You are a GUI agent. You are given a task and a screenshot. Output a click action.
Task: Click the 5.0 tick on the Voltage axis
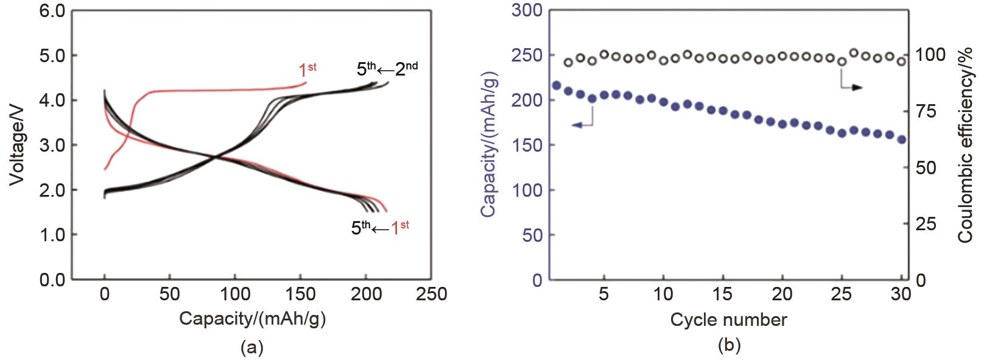click(52, 55)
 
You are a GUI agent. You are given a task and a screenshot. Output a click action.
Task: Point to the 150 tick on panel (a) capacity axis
click(300, 294)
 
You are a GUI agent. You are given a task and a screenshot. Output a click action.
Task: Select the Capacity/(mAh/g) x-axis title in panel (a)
click(252, 319)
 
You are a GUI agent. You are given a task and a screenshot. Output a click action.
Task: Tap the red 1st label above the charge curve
click(307, 70)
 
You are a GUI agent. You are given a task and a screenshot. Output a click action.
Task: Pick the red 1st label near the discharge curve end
click(399, 228)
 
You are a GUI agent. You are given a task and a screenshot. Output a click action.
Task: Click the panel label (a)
click(252, 348)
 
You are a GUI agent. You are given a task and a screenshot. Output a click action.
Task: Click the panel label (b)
click(729, 345)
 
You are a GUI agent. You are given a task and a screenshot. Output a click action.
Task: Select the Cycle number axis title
click(728, 319)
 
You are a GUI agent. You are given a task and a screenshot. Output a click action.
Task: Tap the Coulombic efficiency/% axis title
click(965, 144)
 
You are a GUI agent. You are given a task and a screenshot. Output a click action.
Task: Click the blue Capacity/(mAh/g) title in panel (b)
click(488, 144)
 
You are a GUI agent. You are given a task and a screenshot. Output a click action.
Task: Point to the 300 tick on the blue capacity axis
click(527, 10)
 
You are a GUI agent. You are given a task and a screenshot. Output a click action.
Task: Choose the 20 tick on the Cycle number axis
click(782, 294)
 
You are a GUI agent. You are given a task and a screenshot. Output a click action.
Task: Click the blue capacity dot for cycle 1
click(556, 85)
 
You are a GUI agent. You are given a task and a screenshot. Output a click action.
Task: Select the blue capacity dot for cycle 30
click(902, 139)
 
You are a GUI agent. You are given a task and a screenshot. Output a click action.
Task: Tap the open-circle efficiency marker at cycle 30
click(902, 61)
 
